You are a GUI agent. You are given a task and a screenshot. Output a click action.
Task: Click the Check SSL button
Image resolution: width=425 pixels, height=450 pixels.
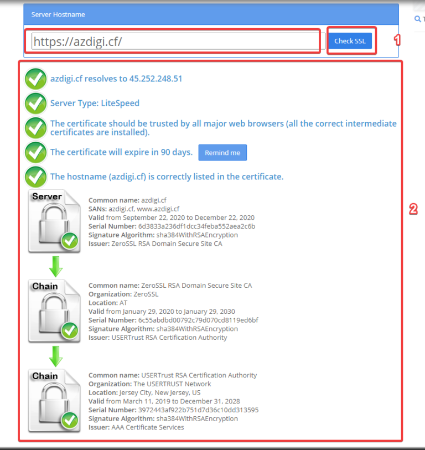pos(350,41)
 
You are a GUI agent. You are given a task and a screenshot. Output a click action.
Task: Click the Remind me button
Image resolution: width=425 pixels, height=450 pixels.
pos(222,153)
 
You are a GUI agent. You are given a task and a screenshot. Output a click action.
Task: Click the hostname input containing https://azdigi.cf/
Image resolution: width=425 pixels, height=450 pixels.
pos(178,42)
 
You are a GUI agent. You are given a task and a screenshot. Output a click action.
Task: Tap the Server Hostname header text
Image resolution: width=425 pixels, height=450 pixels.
pos(58,14)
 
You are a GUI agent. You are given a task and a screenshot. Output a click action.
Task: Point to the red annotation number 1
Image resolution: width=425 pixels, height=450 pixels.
pos(397,40)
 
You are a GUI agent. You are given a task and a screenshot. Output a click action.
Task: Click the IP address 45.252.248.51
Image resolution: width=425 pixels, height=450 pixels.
pos(156,79)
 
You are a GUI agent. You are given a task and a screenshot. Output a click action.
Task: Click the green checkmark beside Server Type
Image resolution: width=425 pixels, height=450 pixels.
pos(35,104)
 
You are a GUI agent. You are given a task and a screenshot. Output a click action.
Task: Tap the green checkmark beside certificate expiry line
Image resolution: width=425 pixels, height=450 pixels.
pos(35,152)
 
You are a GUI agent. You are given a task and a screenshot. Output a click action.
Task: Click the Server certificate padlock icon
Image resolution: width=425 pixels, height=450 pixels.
pos(54,221)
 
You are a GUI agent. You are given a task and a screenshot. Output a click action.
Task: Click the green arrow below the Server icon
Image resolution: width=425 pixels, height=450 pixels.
pos(56,267)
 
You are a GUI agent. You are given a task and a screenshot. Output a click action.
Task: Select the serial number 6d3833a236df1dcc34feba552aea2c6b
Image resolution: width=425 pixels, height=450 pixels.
pos(196,226)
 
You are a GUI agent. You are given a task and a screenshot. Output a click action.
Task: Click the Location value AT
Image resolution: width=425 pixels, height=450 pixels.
pos(123,303)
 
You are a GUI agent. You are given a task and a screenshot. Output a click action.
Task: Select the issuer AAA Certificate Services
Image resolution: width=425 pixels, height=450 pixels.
pos(148,427)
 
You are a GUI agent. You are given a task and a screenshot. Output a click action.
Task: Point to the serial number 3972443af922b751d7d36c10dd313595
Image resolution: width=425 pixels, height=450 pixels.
pos(198,410)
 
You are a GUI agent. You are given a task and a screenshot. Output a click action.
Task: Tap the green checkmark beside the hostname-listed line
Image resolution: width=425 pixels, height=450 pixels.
pos(35,177)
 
